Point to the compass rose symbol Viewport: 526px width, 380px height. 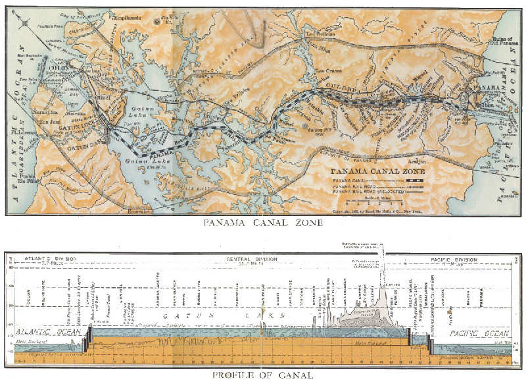25,24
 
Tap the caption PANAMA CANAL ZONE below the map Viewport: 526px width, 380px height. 262,223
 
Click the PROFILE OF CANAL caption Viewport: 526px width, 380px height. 262,375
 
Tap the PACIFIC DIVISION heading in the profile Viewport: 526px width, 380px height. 456,259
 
